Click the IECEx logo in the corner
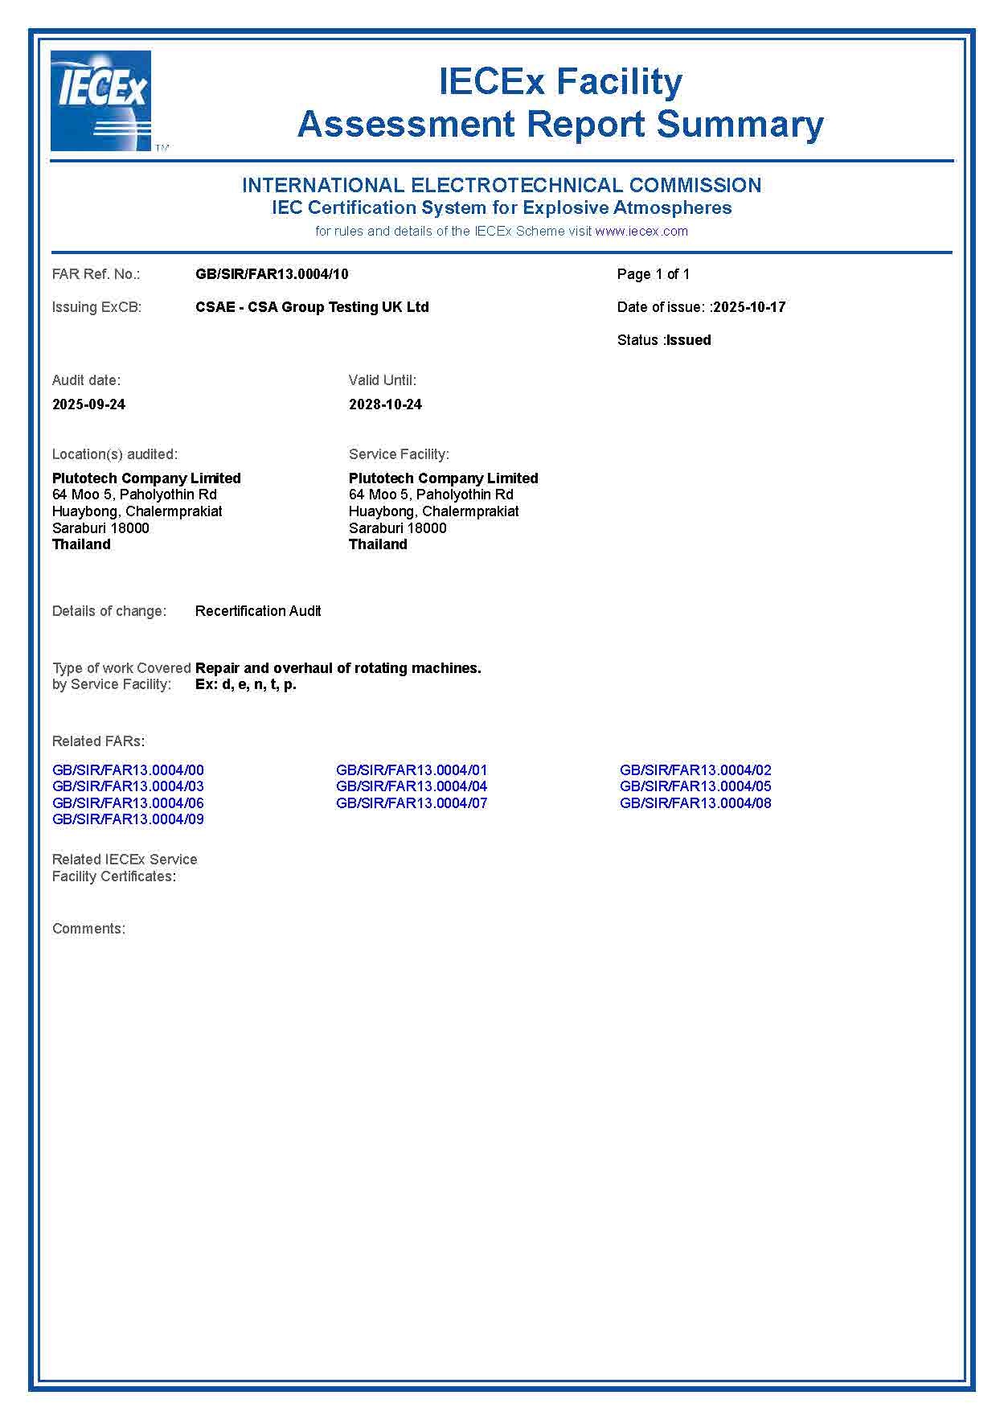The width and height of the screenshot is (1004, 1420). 101,101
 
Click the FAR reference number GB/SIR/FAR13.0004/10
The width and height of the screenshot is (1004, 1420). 272,274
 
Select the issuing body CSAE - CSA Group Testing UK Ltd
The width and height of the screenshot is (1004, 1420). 312,307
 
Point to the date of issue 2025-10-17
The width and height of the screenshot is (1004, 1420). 749,307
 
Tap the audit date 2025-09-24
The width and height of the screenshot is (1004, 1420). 88,404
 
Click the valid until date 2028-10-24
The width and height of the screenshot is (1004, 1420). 385,404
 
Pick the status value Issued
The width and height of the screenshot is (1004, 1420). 689,340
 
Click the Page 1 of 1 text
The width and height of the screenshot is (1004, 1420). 653,274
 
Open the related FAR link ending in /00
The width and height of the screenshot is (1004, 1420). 128,770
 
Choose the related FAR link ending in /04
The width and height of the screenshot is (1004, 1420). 412,786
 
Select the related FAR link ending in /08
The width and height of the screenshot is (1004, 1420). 695,803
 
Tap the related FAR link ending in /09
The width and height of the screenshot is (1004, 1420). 128,819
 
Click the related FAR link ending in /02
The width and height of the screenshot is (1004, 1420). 695,770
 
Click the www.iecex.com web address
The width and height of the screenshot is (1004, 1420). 641,232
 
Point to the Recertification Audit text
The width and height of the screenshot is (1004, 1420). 258,611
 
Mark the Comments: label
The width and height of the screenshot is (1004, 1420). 88,929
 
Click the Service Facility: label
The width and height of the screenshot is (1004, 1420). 399,454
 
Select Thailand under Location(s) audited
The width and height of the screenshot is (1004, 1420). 81,544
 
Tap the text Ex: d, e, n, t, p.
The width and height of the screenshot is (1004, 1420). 246,685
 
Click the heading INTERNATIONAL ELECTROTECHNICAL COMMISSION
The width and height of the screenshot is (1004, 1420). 502,185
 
